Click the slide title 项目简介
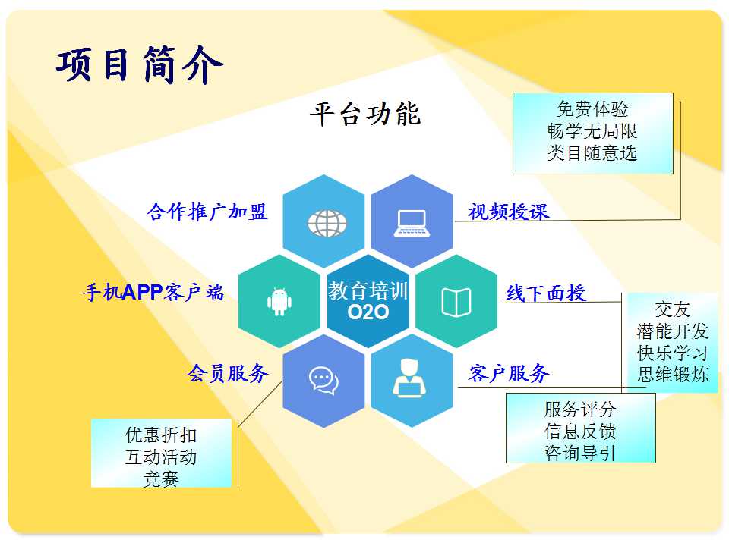140,64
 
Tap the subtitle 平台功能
365,114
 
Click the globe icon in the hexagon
327,223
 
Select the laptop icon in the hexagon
412,224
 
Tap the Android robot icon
279,302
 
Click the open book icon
456,303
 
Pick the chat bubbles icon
323,381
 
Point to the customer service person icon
409,378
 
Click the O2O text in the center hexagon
368,312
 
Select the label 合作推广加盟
207,212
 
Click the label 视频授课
508,212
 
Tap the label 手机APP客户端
153,293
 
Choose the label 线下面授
546,293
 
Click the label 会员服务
228,373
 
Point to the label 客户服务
509,373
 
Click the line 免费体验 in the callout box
592,109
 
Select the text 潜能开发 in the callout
672,331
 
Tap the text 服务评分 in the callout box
580,409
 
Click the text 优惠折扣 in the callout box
161,435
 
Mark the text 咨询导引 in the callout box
580,453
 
